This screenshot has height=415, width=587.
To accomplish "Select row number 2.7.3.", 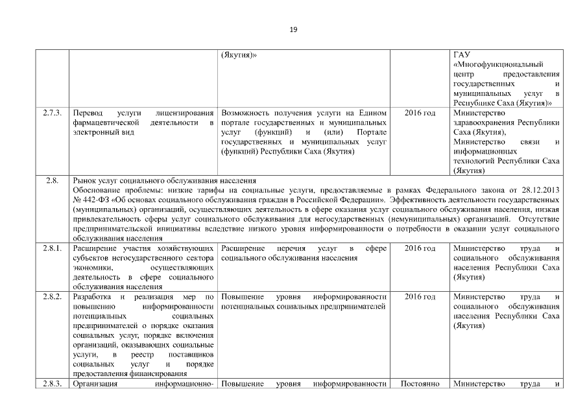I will [52, 113].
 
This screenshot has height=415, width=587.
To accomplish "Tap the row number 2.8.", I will [52, 180].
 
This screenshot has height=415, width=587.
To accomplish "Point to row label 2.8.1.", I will [52, 248].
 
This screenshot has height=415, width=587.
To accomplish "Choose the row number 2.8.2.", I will [52, 297].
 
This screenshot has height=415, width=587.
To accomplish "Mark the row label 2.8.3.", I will [52, 384].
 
